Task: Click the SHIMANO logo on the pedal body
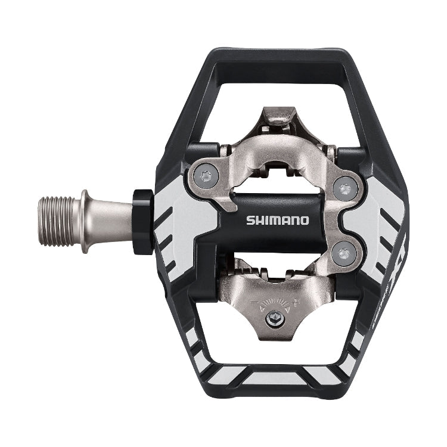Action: coord(278,220)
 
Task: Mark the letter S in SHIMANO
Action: coord(250,220)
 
